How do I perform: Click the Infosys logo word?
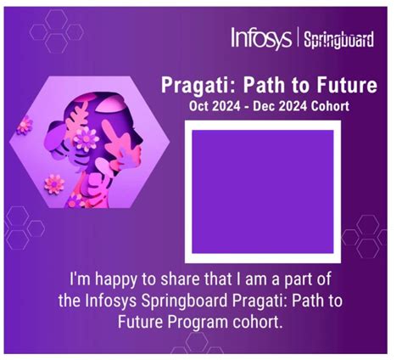(261, 38)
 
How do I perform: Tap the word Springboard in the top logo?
(338, 40)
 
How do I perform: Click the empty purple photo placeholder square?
(264, 190)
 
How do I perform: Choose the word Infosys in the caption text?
(114, 301)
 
